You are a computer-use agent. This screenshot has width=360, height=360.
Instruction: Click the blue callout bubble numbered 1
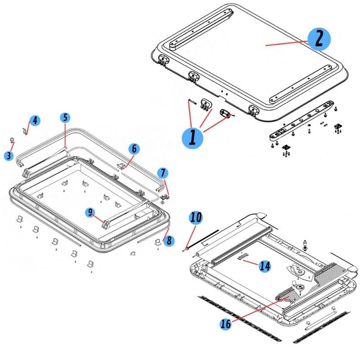[193, 136]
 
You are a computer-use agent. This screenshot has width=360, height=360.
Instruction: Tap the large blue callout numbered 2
[319, 38]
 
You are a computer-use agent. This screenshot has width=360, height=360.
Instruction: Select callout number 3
[9, 156]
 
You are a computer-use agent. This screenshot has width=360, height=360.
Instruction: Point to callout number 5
[65, 118]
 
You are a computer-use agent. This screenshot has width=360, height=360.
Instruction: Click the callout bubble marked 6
[134, 148]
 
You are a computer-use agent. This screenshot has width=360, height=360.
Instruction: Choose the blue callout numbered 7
[163, 172]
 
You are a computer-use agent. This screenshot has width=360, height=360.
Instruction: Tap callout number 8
[169, 241]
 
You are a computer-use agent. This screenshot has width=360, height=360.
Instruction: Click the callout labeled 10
[195, 218]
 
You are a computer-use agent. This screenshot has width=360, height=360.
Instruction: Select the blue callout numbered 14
[265, 266]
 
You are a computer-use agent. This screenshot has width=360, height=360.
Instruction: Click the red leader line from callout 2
[286, 43]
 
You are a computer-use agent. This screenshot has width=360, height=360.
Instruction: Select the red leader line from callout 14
[252, 262]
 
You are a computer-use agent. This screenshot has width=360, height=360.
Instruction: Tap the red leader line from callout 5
[65, 135]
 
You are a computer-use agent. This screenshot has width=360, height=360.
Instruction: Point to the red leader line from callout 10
[190, 234]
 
